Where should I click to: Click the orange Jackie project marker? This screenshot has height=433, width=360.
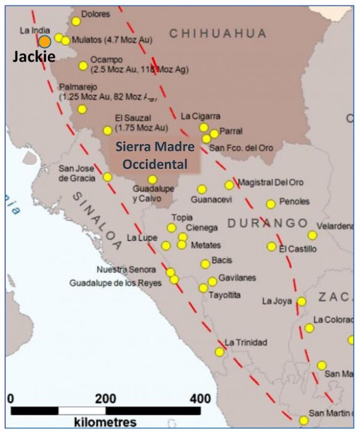(x=45, y=42)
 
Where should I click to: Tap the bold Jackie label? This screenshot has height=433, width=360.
(x=34, y=57)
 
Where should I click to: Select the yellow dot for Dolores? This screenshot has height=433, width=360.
(x=76, y=22)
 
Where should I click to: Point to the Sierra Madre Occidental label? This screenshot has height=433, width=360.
(x=154, y=156)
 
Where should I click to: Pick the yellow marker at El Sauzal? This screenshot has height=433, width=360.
(x=108, y=131)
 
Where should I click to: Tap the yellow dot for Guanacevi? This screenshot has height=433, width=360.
(x=202, y=190)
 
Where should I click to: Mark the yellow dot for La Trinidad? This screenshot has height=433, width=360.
(x=220, y=352)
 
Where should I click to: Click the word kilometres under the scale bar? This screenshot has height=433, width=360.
(x=105, y=423)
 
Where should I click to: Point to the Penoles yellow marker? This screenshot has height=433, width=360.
(x=271, y=204)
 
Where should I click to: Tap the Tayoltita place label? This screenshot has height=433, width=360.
(x=225, y=296)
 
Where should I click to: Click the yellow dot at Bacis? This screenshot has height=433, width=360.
(x=205, y=264)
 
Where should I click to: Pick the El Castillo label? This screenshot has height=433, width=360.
(x=298, y=249)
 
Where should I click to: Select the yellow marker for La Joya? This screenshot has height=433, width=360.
(x=302, y=302)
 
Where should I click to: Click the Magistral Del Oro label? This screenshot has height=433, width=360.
(x=271, y=182)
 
